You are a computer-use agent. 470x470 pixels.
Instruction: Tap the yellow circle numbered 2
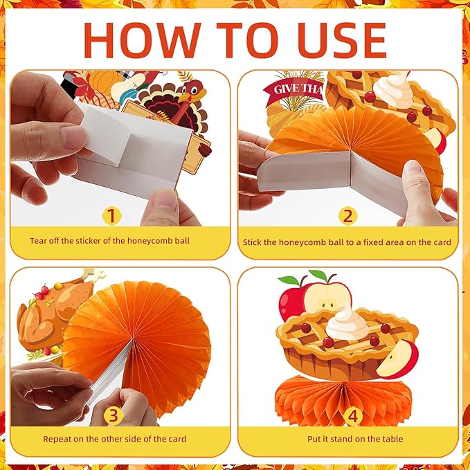347,215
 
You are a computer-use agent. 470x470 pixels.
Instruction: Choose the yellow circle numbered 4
354,415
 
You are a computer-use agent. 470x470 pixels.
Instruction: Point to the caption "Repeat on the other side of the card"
115,438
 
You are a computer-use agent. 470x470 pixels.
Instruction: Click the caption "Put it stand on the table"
355,438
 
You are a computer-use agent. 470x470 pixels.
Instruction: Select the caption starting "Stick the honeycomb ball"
347,242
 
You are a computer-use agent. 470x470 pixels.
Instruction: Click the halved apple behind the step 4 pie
327,296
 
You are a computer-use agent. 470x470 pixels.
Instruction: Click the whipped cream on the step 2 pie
392,89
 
